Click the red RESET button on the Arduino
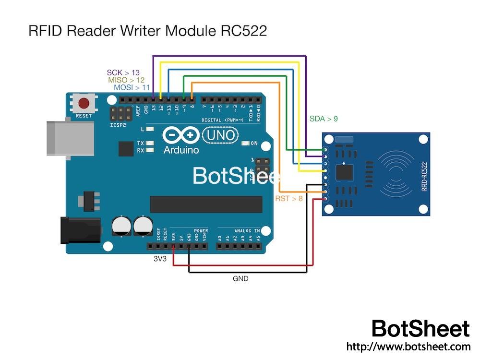[x=84, y=104]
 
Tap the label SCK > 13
[x=123, y=73]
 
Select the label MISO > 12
[x=126, y=80]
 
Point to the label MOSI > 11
[x=132, y=88]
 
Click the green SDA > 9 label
[x=324, y=118]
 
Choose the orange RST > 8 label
[x=288, y=198]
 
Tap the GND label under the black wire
[x=240, y=278]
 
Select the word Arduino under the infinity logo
[x=181, y=150]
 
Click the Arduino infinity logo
[x=180, y=135]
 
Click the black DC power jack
[x=79, y=230]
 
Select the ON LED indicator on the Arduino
[x=246, y=144]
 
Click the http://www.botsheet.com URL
[x=408, y=346]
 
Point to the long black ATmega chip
[x=206, y=204]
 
